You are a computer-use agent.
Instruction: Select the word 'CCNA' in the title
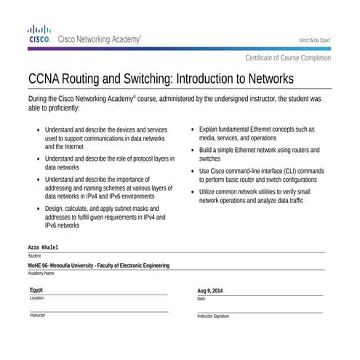coord(47,78)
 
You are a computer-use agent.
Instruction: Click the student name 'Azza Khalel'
coord(43,248)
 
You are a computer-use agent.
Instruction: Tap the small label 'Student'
coord(34,256)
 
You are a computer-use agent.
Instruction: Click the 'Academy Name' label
coord(41,273)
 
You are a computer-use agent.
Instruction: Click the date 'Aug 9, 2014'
coord(210,291)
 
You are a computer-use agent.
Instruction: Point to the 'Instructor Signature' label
coord(212,316)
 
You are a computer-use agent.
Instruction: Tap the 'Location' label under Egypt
coord(36,298)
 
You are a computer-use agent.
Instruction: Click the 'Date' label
coord(201,299)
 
